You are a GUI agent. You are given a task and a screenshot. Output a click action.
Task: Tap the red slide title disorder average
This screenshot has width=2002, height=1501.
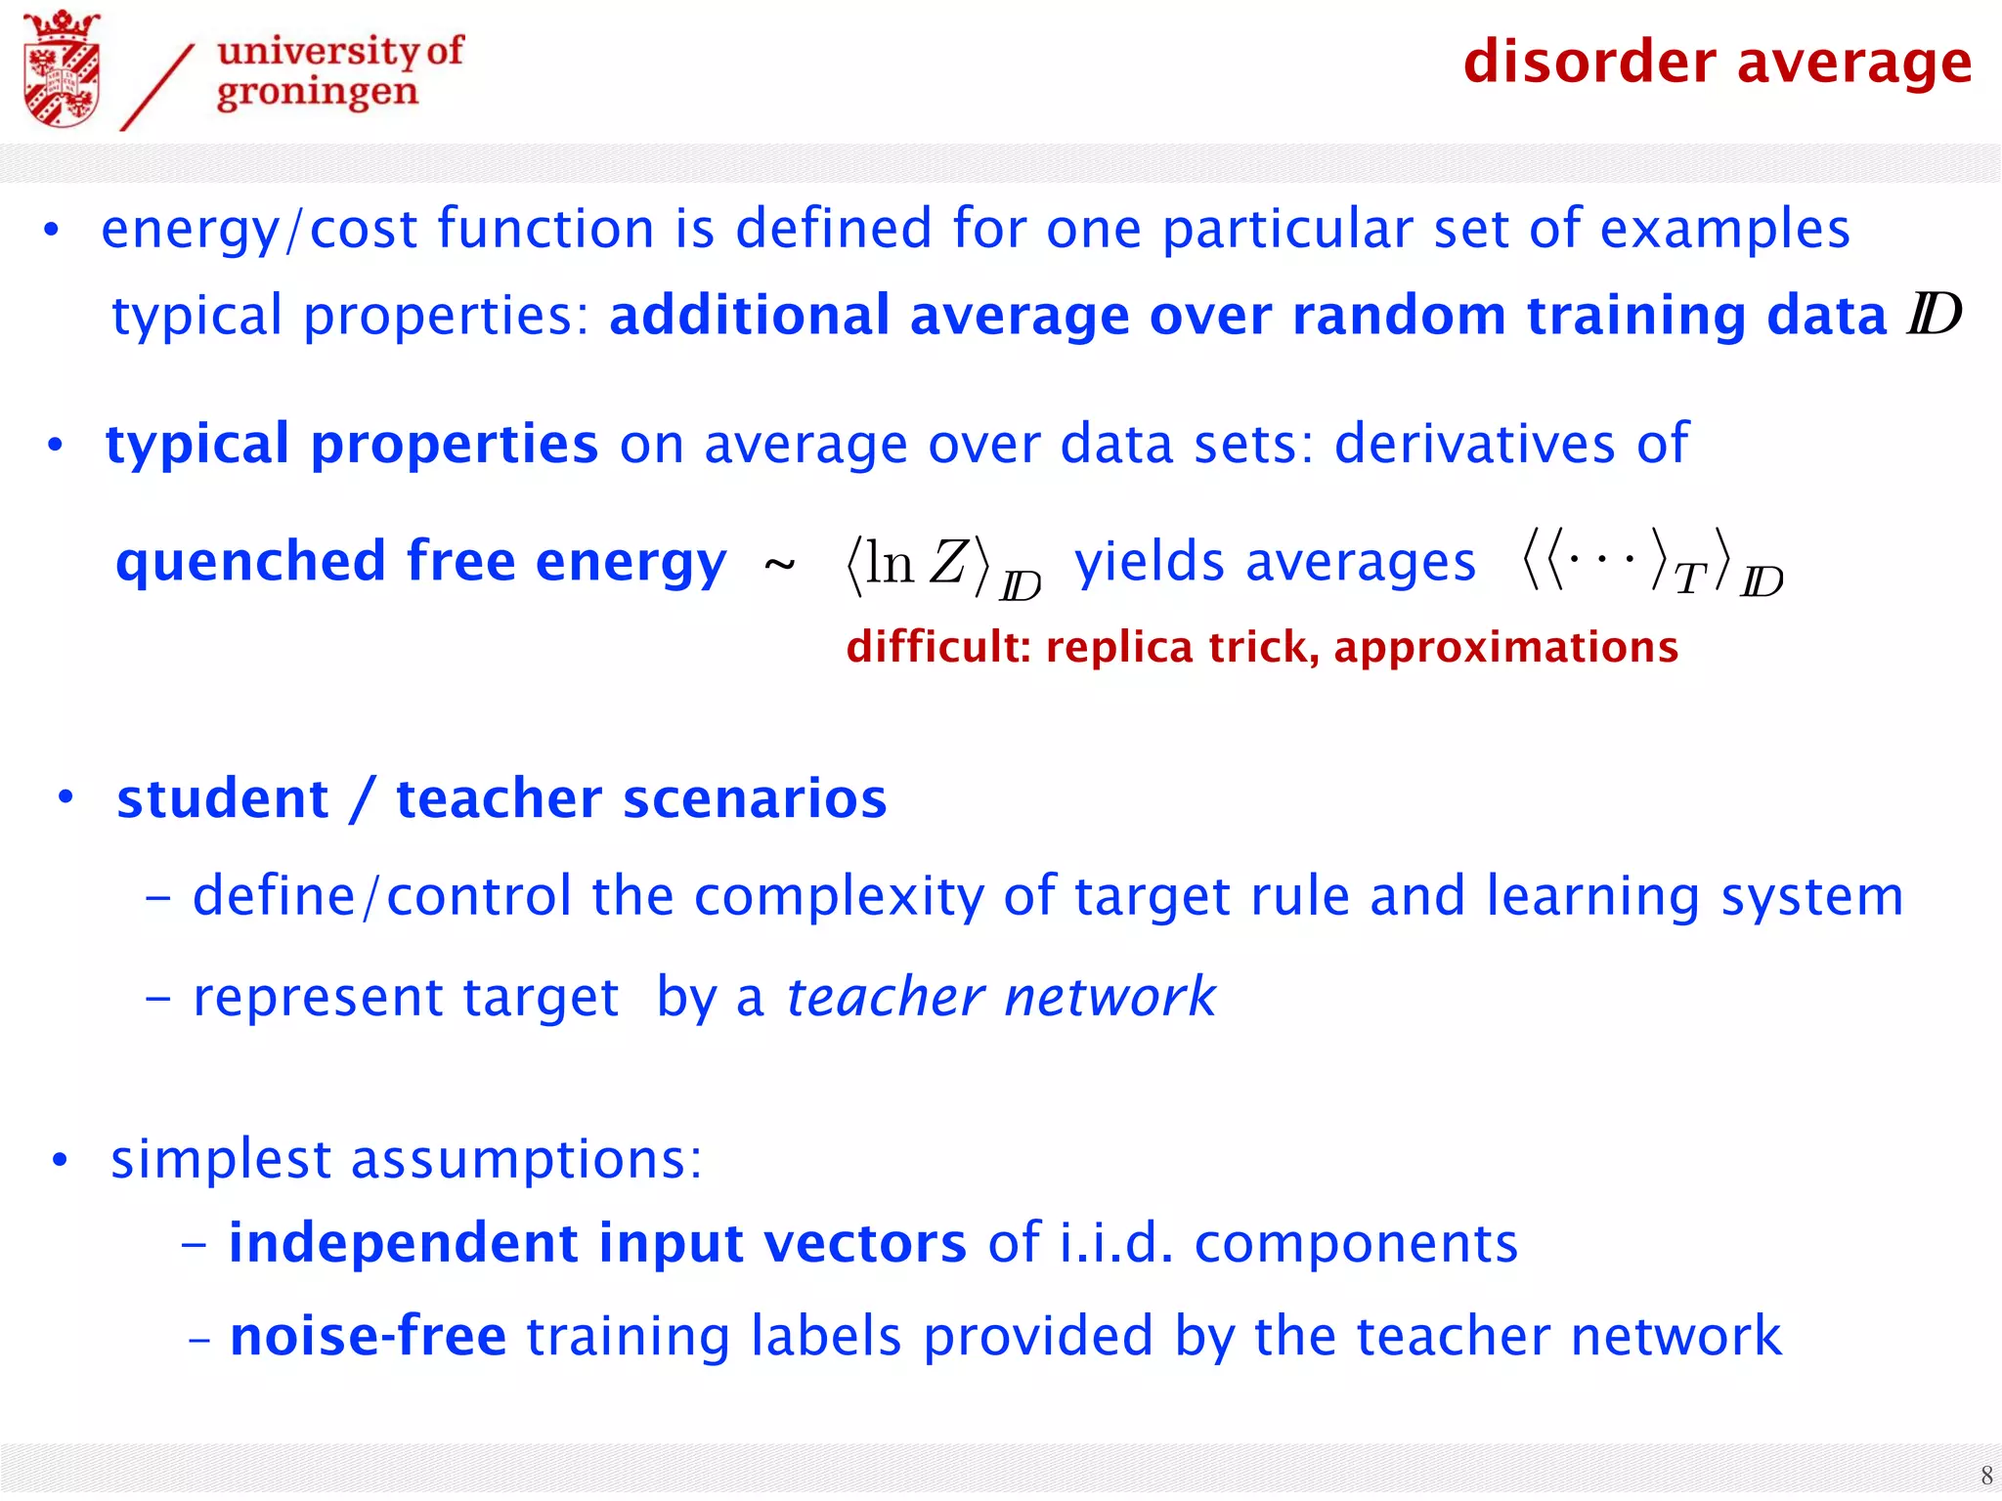1717,62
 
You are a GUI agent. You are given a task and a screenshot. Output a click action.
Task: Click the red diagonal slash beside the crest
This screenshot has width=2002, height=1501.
157,88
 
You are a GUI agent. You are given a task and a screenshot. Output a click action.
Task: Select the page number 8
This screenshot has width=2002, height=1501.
1985,1475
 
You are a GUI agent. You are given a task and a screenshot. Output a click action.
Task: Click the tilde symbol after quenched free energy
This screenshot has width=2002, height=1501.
779,565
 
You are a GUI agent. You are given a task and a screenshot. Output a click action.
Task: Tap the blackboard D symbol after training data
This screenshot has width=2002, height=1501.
1934,315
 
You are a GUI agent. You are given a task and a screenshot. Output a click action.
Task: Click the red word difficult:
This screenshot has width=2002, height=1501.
938,647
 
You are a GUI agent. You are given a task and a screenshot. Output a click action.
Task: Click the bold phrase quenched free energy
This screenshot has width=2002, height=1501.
420,561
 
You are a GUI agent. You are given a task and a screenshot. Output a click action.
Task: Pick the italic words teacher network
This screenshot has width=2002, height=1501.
1000,997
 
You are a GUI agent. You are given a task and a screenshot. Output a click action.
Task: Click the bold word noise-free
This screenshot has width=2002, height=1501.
368,1336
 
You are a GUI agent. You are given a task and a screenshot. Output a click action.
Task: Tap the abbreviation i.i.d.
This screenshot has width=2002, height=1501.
1115,1243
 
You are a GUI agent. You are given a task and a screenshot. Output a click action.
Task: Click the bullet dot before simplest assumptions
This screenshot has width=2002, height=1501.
61,1160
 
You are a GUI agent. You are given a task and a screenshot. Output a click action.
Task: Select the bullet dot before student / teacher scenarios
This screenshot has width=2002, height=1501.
65,797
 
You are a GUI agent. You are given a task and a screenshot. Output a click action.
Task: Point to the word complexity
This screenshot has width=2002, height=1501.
839,896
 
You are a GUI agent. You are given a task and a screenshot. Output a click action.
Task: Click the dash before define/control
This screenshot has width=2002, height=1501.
157,897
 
